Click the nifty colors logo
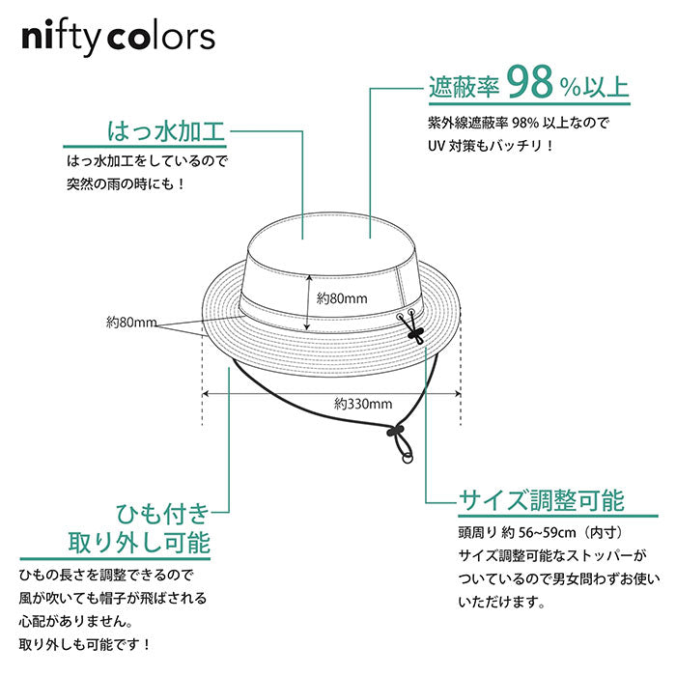(x=118, y=39)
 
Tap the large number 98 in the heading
(x=530, y=82)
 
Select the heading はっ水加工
(x=166, y=131)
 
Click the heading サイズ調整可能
(x=542, y=500)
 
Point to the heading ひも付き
(x=162, y=514)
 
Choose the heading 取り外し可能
(x=139, y=543)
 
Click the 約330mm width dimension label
(x=363, y=404)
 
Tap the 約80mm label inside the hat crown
(x=342, y=297)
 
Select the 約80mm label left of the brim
(x=131, y=322)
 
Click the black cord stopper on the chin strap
(x=394, y=430)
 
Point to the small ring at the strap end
(x=408, y=458)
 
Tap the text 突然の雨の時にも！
(x=127, y=184)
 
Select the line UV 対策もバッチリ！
(x=492, y=146)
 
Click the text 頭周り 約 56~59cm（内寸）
(x=541, y=532)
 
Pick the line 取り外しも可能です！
(x=85, y=644)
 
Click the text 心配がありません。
(x=76, y=621)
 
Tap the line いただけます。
(x=502, y=602)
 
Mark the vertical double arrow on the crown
(x=308, y=303)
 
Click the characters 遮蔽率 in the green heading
(x=464, y=87)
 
